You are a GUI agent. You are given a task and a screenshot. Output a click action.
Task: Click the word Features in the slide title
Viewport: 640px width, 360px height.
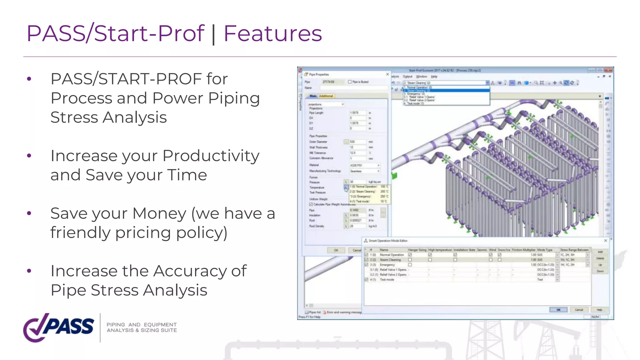pyautogui.click(x=272, y=34)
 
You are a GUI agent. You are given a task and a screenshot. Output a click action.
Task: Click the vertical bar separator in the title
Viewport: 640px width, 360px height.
pyautogui.click(x=213, y=34)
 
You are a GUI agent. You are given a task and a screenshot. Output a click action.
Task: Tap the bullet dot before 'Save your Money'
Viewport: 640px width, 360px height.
pyautogui.click(x=29, y=213)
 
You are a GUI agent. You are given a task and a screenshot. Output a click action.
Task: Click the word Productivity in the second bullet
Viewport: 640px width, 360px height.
pyautogui.click(x=211, y=156)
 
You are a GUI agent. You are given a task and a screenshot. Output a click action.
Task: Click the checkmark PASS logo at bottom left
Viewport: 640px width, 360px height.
pyautogui.click(x=58, y=327)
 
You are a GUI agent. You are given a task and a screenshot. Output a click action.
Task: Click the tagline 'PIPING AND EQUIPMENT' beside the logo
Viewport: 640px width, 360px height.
pyautogui.click(x=142, y=325)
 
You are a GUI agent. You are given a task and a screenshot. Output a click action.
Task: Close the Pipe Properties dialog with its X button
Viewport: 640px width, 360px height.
pyautogui.click(x=387, y=74)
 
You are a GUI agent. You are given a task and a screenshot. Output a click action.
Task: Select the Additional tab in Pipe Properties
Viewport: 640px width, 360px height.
pyautogui.click(x=326, y=96)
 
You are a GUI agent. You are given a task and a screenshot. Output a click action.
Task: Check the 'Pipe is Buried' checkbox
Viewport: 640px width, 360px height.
pyautogui.click(x=350, y=82)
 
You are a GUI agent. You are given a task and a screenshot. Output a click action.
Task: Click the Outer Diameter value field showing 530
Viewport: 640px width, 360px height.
pyautogui.click(x=357, y=142)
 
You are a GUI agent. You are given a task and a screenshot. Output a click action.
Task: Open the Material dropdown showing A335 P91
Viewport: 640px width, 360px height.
pyautogui.click(x=378, y=165)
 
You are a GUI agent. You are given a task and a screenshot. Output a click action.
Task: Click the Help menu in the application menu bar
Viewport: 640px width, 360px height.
pyautogui.click(x=434, y=77)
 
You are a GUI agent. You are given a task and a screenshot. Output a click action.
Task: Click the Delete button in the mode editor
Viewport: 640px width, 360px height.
pyautogui.click(x=600, y=258)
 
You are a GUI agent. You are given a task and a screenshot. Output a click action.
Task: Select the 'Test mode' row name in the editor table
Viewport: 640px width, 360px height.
pyautogui.click(x=387, y=280)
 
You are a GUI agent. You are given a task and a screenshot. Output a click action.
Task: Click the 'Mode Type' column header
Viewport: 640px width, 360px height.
pyautogui.click(x=545, y=250)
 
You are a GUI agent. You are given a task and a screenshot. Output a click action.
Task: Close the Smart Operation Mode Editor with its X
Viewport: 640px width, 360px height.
pyautogui.click(x=606, y=241)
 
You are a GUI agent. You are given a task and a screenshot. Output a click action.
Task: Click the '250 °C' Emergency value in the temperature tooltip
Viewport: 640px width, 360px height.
pyautogui.click(x=384, y=197)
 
